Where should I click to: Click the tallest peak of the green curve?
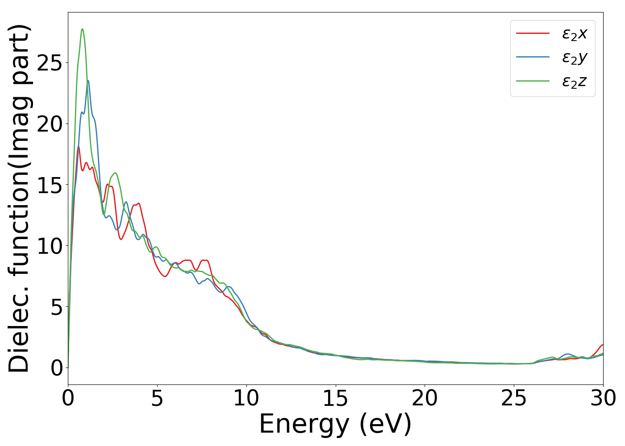[82, 29]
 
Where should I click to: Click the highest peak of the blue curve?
[88, 81]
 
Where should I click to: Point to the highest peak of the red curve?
[79, 147]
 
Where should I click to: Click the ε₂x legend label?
[574, 33]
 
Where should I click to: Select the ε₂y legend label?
[574, 58]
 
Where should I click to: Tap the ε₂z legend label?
[574, 82]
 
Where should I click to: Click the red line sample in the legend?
[533, 33]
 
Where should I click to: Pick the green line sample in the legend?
[533, 81]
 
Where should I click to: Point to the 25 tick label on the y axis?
[49, 63]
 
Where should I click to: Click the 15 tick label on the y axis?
[49, 185]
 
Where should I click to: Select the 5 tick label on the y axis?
[56, 307]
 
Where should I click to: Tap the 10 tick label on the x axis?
[246, 398]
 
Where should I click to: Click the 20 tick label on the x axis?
[425, 398]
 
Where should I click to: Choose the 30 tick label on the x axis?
[603, 398]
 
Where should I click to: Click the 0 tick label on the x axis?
[68, 398]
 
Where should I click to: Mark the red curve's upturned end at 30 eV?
[602, 345]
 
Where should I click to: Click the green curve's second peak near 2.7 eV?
[115, 173]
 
